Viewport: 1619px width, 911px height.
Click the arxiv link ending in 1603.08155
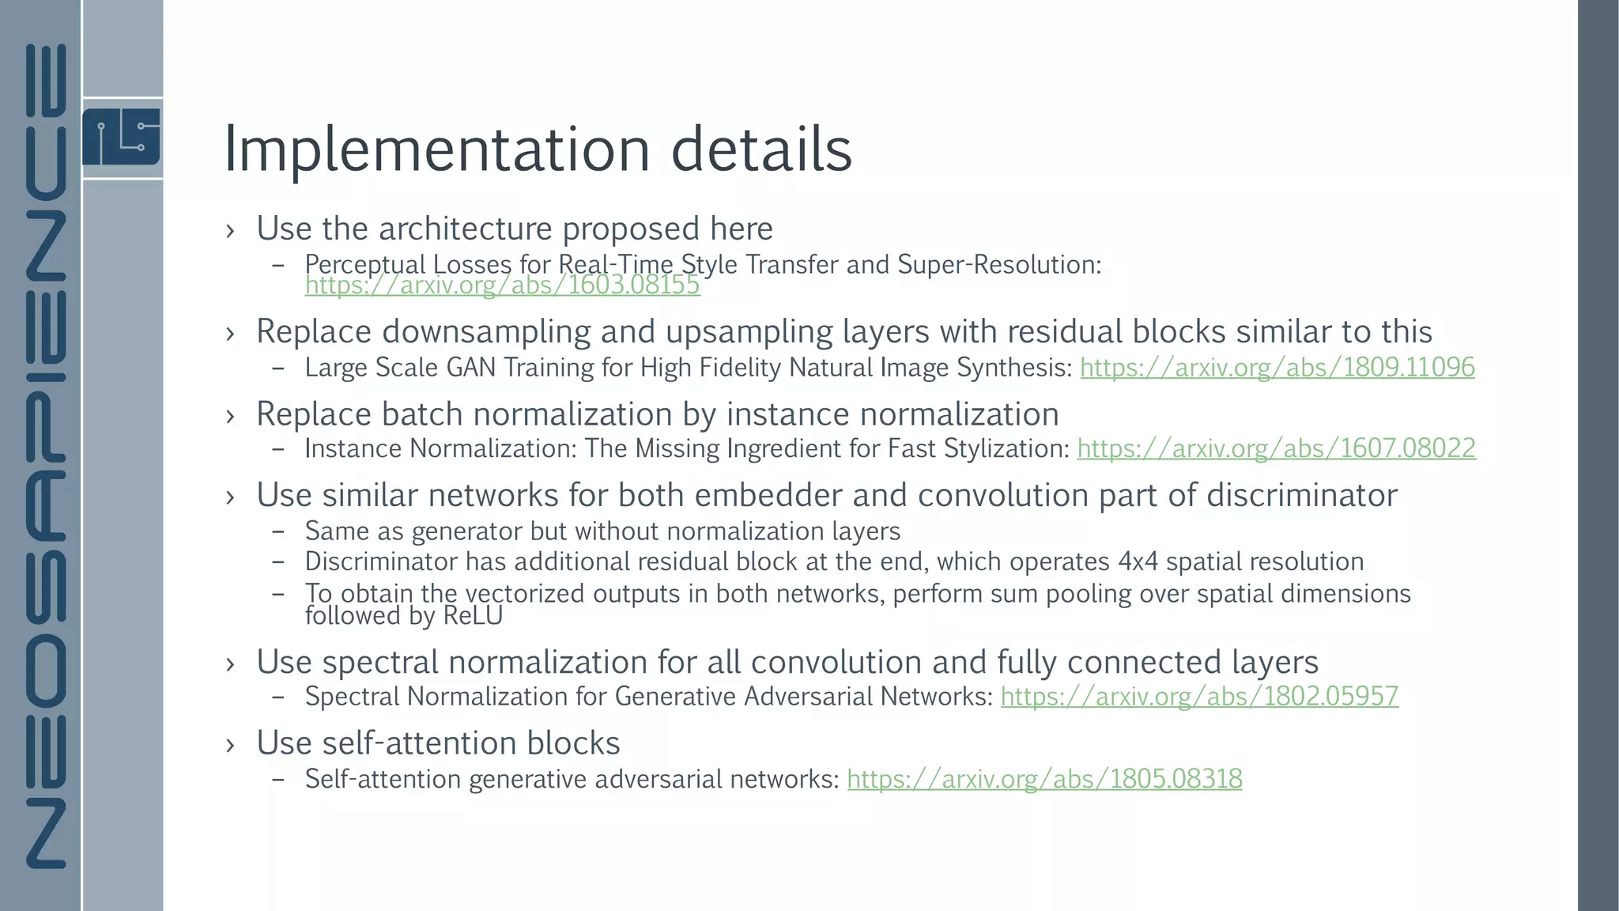pos(502,285)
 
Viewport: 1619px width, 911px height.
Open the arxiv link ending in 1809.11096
pos(1277,368)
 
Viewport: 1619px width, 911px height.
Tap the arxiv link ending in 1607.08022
pos(1276,449)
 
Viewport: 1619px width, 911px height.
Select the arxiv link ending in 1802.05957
pos(1199,697)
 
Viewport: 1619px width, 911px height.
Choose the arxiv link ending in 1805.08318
pos(1044,779)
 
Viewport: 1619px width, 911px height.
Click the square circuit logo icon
pos(121,137)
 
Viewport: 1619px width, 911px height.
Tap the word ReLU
pos(473,616)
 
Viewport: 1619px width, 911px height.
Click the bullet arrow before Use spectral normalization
pos(230,663)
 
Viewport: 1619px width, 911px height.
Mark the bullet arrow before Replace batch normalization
pos(230,416)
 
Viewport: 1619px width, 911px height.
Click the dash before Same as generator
pos(277,531)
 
